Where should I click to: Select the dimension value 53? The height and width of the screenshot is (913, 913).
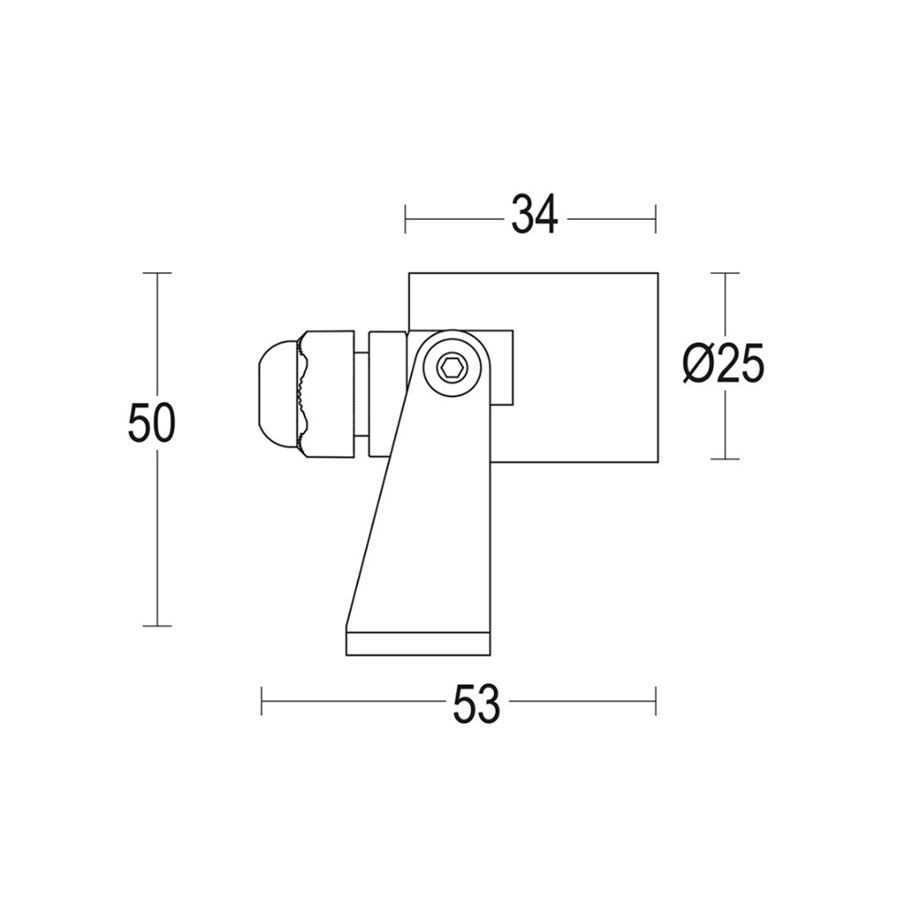(x=477, y=703)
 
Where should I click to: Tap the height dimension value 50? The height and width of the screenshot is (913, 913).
(x=152, y=425)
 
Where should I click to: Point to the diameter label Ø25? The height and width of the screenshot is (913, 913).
(x=723, y=366)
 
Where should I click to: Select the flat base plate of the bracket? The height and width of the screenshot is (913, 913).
(x=419, y=643)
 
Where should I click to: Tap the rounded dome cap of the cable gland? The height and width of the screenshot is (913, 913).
(x=277, y=394)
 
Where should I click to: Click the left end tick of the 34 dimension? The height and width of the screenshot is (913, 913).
(x=406, y=219)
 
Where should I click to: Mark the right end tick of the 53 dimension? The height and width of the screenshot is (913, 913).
(x=656, y=702)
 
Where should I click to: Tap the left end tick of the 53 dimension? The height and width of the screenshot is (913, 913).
(x=262, y=702)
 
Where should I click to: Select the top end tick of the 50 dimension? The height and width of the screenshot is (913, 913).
(x=158, y=273)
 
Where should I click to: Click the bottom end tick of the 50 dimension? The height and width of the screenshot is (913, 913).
(x=158, y=626)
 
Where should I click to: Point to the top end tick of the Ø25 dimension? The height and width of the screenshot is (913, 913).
(x=725, y=273)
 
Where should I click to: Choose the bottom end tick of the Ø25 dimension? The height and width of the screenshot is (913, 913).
(x=725, y=459)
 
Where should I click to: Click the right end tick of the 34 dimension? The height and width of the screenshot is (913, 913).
(x=656, y=219)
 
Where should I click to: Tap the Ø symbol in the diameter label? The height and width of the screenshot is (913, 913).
(x=697, y=366)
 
